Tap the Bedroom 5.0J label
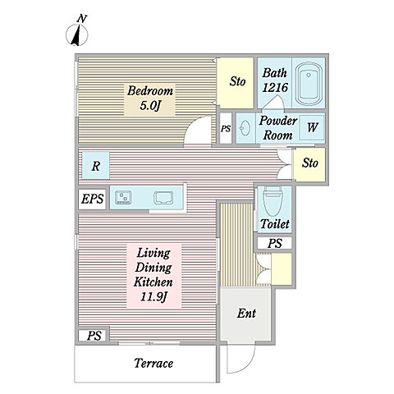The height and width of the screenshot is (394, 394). tap(150, 98)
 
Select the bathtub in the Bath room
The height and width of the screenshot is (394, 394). tap(309, 84)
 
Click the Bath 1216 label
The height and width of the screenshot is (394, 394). tap(275, 80)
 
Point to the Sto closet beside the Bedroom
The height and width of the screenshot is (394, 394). tap(236, 83)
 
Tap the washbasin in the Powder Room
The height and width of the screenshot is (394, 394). tap(245, 128)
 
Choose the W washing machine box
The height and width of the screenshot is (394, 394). tap(312, 127)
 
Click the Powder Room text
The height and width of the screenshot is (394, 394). tap(278, 128)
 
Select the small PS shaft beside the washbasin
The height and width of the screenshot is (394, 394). tap(226, 128)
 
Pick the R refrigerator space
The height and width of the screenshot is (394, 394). tap(96, 166)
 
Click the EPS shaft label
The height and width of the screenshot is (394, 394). tap(93, 199)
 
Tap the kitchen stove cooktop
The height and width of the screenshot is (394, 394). tap(123, 198)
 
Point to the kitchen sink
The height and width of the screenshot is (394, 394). tap(163, 198)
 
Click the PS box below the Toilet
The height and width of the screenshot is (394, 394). tap(275, 243)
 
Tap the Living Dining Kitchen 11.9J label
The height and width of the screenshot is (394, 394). tap(153, 275)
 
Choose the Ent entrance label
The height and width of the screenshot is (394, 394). tap(246, 314)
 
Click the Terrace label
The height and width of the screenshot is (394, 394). tap(153, 364)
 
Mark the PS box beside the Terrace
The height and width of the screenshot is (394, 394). tap(94, 336)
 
